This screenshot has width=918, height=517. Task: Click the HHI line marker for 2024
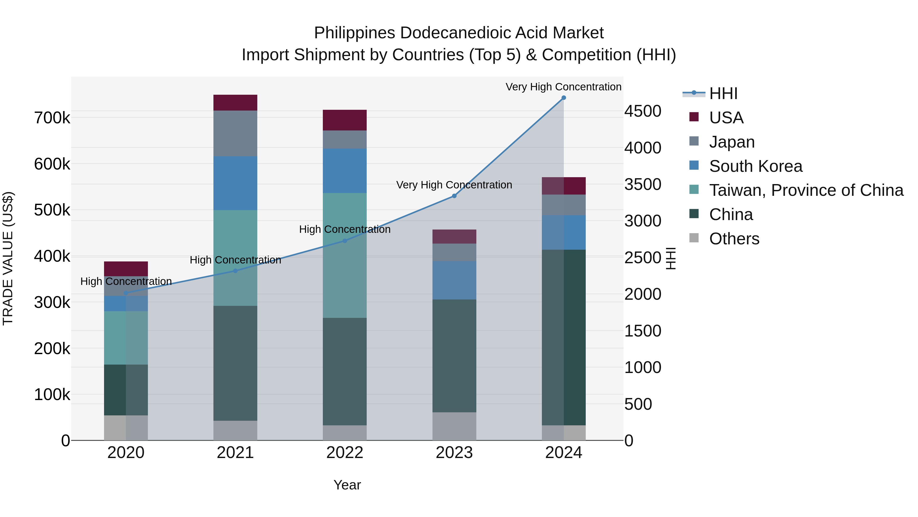(x=563, y=98)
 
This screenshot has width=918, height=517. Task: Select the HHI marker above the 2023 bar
(x=454, y=196)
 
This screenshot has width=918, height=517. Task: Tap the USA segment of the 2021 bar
(x=235, y=103)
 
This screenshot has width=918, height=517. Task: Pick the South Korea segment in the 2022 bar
(x=345, y=171)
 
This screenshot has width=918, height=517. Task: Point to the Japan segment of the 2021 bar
(x=235, y=134)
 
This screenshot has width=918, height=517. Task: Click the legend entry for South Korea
(x=756, y=166)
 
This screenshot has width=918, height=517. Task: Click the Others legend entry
(x=734, y=239)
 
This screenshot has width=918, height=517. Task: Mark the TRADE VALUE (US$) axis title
(x=8, y=258)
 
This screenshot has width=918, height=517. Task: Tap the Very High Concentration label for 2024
(x=563, y=87)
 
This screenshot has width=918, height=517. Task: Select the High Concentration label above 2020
(x=126, y=282)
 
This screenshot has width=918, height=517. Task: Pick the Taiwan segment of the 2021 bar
(x=235, y=258)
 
